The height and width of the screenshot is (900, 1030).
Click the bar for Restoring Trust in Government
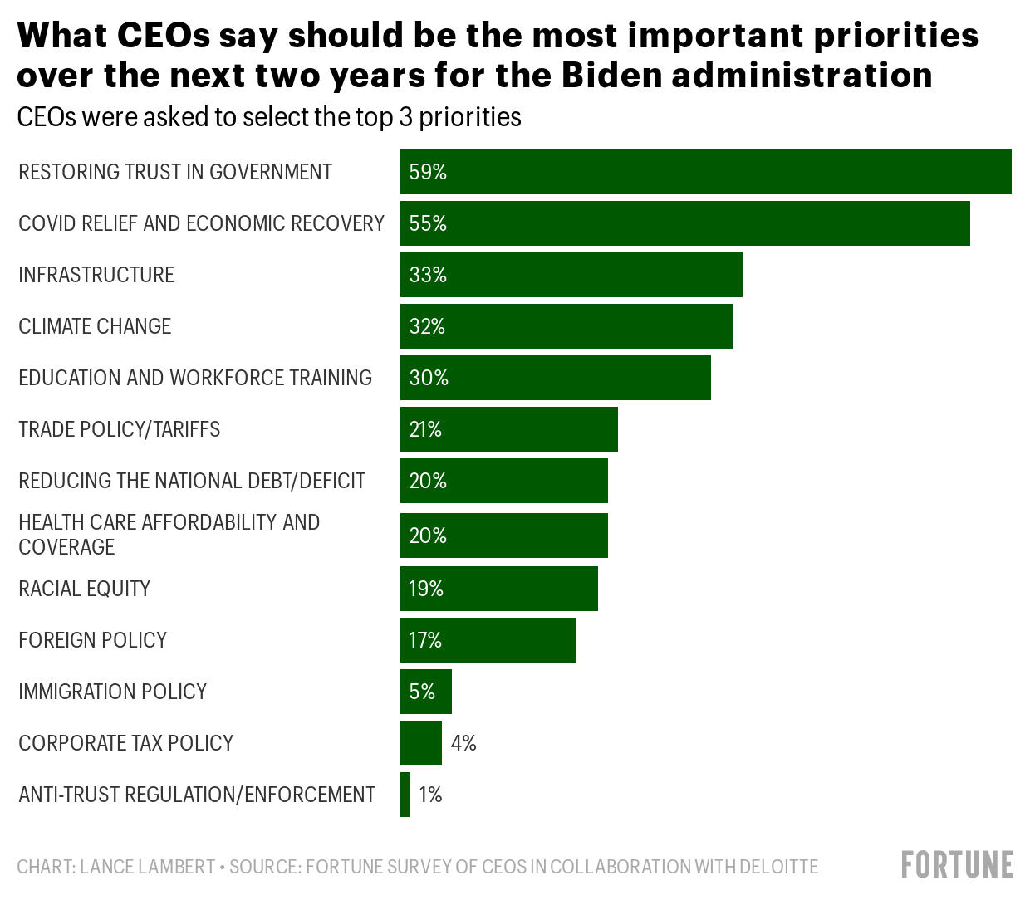[x=706, y=172]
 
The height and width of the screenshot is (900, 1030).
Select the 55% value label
[x=428, y=223]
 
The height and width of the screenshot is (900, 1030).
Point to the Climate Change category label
[x=95, y=326]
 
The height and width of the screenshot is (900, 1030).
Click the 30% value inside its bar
[x=429, y=378]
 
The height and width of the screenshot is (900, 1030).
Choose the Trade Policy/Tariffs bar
[x=509, y=429]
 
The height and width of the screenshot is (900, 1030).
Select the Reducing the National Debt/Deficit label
[x=192, y=481]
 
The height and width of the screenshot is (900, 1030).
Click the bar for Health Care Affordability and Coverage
[x=504, y=536]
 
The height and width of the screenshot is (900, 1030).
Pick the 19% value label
[x=426, y=589]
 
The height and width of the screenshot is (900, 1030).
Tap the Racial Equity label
[x=85, y=589]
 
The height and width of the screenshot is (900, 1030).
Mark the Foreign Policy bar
[x=488, y=640]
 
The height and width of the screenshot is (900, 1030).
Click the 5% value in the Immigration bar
[x=422, y=692]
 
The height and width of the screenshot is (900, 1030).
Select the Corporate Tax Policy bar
[x=421, y=743]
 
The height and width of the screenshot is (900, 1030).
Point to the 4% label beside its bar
[x=463, y=743]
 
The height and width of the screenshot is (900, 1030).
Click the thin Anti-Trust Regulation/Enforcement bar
[x=405, y=795]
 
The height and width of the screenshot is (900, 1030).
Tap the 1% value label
[x=430, y=795]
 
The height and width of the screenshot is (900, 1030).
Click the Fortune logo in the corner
[x=957, y=864]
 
